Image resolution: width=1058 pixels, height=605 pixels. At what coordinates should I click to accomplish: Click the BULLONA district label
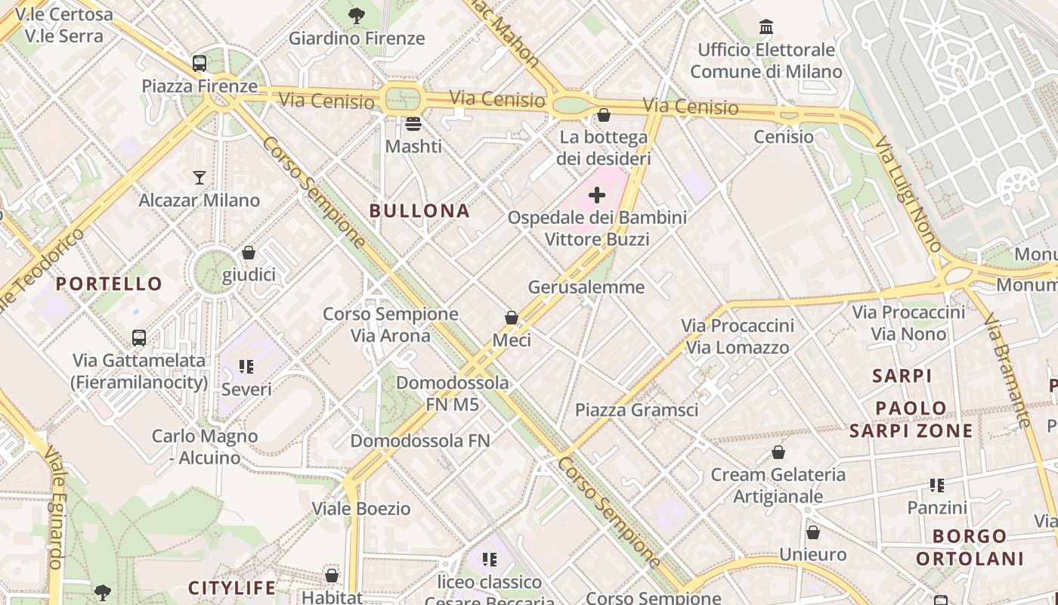click(x=419, y=211)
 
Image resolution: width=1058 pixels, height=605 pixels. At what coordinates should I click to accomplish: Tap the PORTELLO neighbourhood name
click(x=109, y=284)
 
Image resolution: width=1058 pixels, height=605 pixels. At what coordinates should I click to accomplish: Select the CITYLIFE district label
click(x=231, y=588)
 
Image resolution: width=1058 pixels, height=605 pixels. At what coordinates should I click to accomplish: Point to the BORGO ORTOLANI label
click(x=970, y=548)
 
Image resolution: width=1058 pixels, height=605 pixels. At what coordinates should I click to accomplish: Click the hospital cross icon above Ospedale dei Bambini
click(x=597, y=195)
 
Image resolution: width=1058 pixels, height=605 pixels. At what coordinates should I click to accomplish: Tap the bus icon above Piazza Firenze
click(x=200, y=64)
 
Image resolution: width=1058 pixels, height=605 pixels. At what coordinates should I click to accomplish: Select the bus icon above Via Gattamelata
click(x=139, y=337)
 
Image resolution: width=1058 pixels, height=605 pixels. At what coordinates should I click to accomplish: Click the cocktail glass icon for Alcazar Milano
click(x=200, y=178)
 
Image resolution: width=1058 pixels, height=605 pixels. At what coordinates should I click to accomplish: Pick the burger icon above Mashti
click(x=413, y=123)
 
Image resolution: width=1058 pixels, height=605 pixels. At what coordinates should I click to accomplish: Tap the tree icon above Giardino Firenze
click(x=357, y=15)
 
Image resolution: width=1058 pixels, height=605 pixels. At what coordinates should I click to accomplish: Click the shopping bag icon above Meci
click(x=512, y=318)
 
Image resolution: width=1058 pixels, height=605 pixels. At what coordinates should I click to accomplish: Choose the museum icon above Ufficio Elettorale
click(x=766, y=27)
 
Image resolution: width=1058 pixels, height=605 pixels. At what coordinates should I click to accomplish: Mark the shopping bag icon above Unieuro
click(x=813, y=532)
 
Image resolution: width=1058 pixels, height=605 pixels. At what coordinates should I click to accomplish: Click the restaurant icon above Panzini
click(x=937, y=485)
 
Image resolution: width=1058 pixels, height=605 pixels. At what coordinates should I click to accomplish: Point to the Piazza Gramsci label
click(x=636, y=410)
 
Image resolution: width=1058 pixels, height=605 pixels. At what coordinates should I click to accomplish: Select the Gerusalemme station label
click(x=586, y=287)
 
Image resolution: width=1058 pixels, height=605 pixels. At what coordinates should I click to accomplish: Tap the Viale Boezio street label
click(x=361, y=508)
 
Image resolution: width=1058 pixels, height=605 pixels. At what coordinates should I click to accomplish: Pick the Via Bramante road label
click(x=1008, y=371)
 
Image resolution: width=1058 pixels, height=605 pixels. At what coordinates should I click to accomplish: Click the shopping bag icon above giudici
click(x=249, y=253)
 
